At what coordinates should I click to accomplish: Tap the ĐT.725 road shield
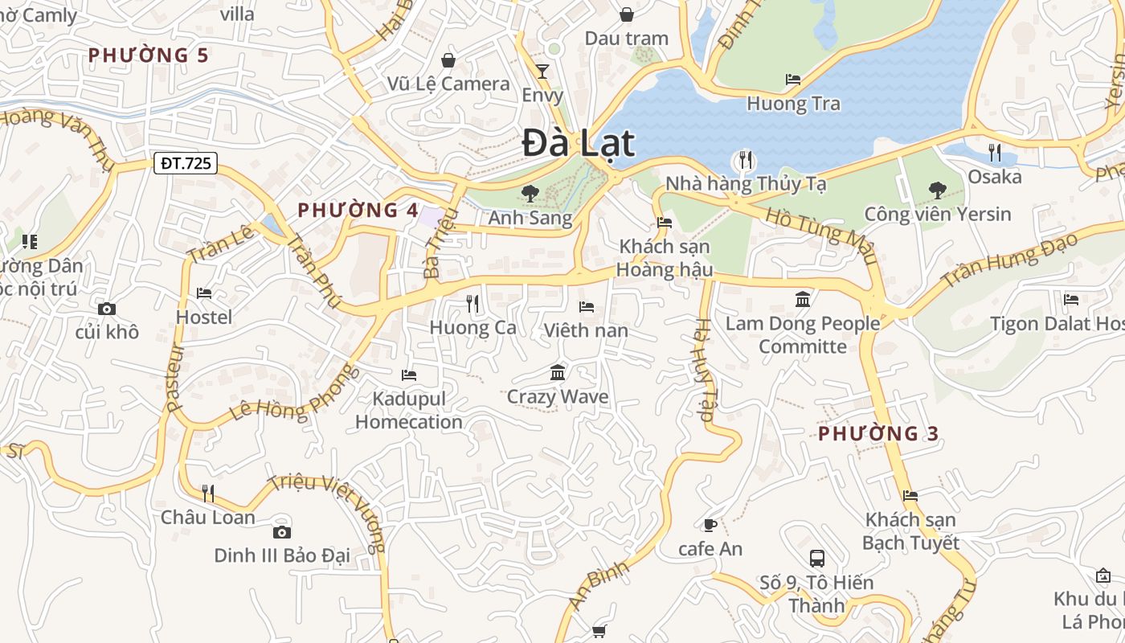pyautogui.click(x=186, y=164)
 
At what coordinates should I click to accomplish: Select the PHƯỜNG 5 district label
pyautogui.click(x=148, y=55)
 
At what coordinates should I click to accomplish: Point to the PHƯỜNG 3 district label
pyautogui.click(x=878, y=434)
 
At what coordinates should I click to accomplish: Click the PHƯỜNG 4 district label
pyautogui.click(x=358, y=211)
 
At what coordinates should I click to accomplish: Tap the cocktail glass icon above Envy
pyautogui.click(x=542, y=72)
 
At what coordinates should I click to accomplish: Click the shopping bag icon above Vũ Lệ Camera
pyautogui.click(x=448, y=60)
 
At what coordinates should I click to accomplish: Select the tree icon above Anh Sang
pyautogui.click(x=530, y=193)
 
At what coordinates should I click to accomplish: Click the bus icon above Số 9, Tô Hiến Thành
pyautogui.click(x=817, y=558)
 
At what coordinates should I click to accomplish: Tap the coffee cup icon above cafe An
pyautogui.click(x=710, y=525)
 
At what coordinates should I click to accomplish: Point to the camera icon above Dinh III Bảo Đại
pyautogui.click(x=281, y=532)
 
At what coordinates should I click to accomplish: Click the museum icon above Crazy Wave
pyautogui.click(x=558, y=372)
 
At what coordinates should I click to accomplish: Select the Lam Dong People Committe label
pyautogui.click(x=803, y=335)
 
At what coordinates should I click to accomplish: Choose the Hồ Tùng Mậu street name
pyautogui.click(x=820, y=235)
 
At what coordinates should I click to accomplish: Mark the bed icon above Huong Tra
pyautogui.click(x=793, y=80)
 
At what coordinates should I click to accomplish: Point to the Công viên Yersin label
pyautogui.click(x=937, y=215)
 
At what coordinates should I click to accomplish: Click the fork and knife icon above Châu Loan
pyautogui.click(x=208, y=493)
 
